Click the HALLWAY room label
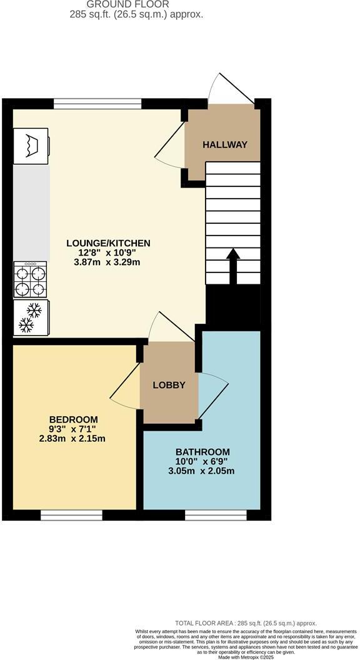pos(225,144)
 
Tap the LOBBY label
pos(169,385)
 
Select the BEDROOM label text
pos(74,419)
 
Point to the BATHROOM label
pos(202,452)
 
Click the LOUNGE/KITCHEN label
pos(109,242)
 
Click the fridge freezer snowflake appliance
pos(30,317)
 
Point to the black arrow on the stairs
pos(232,266)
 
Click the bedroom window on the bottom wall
pos(71,515)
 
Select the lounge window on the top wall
pos(97,104)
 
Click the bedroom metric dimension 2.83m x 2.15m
pos(72,438)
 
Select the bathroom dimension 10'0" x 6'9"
pos(202,462)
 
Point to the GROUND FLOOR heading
pos(136,4)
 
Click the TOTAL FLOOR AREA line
pos(246,623)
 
